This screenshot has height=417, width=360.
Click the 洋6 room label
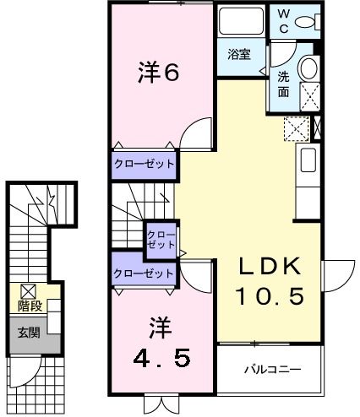[x=158, y=73]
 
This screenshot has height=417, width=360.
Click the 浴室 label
[x=239, y=56]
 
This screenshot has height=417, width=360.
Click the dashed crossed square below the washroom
[x=296, y=128]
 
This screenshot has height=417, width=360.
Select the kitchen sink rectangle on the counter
[x=308, y=160]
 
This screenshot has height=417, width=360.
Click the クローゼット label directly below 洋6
[x=145, y=164]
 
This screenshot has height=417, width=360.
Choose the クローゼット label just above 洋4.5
[x=145, y=273]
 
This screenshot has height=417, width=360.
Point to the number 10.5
[x=269, y=297]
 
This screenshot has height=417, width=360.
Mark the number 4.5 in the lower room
[x=161, y=355]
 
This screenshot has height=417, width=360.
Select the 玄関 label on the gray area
[x=30, y=333]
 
